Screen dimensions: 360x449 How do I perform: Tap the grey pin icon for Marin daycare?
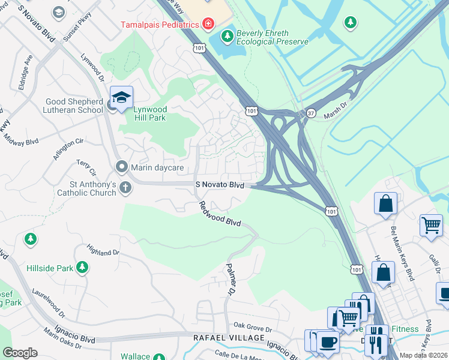point(122,166)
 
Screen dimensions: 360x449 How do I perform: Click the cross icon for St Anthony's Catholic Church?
point(125,187)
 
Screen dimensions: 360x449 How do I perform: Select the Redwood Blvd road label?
point(220,214)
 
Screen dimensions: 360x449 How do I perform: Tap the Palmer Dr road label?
point(230,279)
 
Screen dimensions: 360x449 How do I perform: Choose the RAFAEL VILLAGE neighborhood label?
point(229,338)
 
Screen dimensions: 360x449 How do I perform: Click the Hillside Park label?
point(49,268)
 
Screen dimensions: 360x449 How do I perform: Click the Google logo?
point(20,353)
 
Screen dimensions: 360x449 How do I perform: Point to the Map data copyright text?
point(423,355)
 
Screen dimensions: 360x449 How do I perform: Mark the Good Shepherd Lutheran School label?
point(74,106)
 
